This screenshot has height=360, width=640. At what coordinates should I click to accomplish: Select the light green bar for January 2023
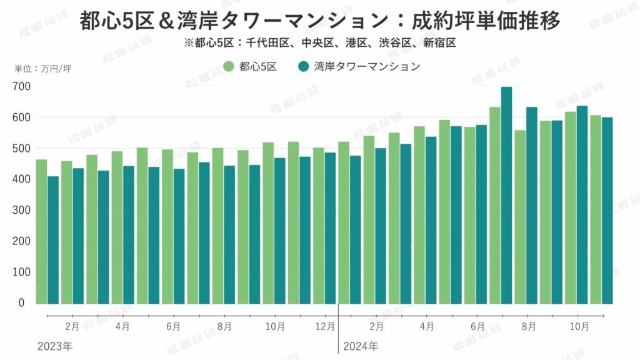(41, 231)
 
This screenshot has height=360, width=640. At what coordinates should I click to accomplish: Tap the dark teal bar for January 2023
(53, 240)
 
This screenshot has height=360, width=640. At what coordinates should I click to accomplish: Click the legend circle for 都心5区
(228, 66)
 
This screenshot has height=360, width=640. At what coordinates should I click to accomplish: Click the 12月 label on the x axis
(325, 326)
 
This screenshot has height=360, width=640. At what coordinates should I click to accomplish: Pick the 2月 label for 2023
(72, 326)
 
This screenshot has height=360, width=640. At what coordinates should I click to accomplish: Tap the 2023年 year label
(55, 346)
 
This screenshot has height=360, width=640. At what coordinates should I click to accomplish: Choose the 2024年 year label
(360, 346)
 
